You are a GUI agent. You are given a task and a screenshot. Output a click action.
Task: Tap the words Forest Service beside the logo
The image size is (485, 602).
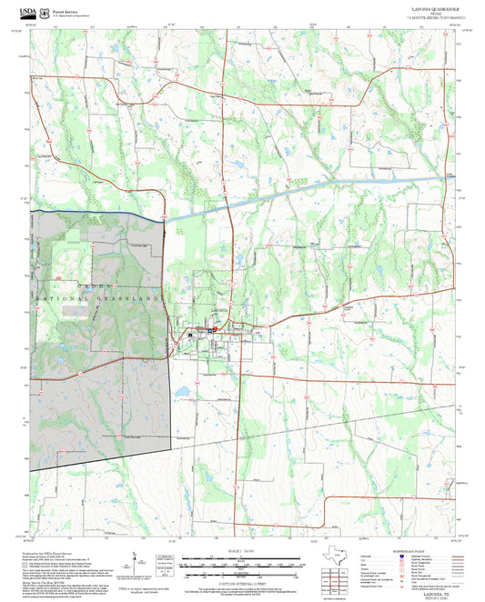(x=66, y=11)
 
